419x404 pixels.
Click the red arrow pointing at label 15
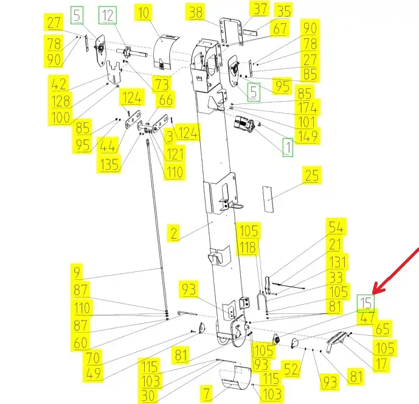[x=396, y=270]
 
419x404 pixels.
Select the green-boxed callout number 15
[x=366, y=303]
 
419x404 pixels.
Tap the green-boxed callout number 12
[x=108, y=15]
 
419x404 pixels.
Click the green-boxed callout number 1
[x=288, y=147]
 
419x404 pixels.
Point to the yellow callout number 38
[x=196, y=12]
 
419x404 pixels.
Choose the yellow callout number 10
[x=144, y=13]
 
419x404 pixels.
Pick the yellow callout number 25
[x=312, y=175]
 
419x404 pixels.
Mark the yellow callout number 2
[x=174, y=233]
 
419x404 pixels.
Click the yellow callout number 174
[x=308, y=108]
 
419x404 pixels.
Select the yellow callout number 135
[x=109, y=164]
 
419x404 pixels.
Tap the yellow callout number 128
[x=61, y=101]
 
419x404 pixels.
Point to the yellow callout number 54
[x=336, y=228]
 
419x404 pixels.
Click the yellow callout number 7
[x=207, y=393]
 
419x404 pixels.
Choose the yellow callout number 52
[x=291, y=369]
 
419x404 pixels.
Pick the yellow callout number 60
[x=80, y=343]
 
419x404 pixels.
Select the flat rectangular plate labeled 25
[x=268, y=200]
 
